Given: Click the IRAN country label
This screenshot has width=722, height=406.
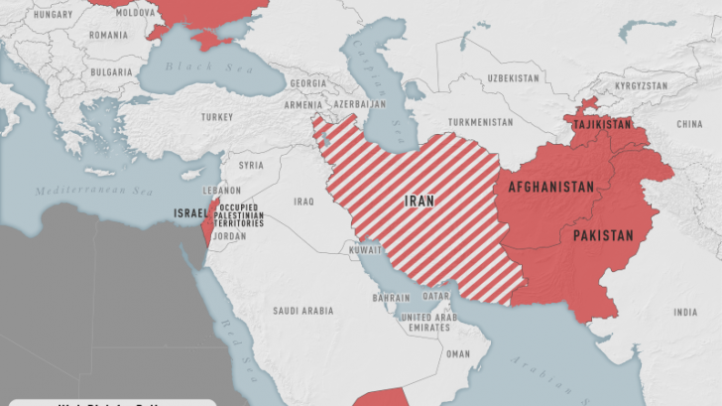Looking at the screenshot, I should point(420,201).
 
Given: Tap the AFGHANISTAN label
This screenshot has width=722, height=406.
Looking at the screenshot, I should point(550,187).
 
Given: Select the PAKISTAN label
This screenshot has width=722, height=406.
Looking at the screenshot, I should point(602,235).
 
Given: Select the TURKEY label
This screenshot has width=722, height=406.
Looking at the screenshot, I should point(216,117).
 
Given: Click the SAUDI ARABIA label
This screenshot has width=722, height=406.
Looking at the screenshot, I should point(303,311).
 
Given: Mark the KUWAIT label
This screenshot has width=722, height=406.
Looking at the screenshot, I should point(363,250).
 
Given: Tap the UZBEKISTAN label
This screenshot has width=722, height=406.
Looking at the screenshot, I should point(513,77).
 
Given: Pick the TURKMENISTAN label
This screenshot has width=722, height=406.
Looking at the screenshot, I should point(480,122).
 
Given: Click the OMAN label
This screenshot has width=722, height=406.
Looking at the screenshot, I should point(458,353).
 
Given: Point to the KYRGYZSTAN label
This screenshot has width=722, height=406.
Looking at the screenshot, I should point(640,86).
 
